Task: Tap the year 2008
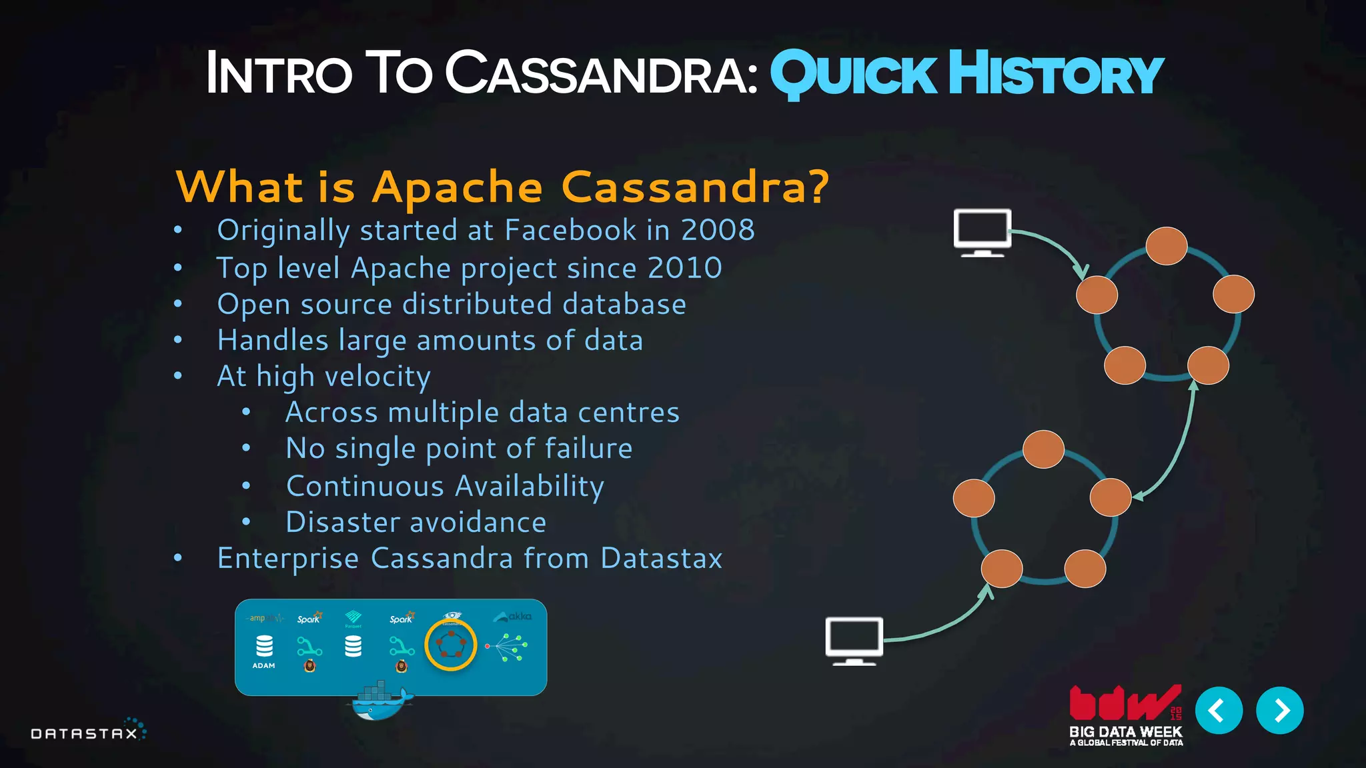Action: click(718, 230)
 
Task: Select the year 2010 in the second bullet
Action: click(684, 268)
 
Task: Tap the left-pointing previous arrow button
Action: click(1219, 711)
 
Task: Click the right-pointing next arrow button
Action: click(1279, 711)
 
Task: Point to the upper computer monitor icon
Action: click(982, 232)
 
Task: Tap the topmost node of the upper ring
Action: click(1167, 246)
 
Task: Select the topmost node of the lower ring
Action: click(1043, 449)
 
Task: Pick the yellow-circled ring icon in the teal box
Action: click(451, 645)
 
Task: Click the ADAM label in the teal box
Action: click(263, 665)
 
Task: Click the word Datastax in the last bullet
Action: click(661, 559)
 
